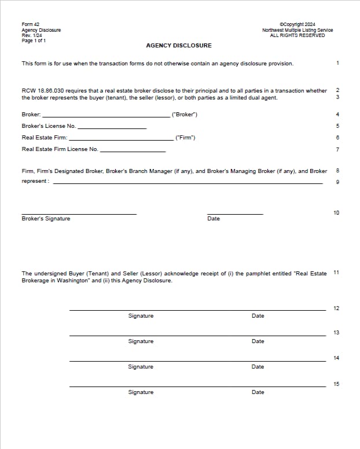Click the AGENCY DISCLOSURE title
pyautogui.click(x=178, y=46)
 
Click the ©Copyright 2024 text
pyautogui.click(x=297, y=24)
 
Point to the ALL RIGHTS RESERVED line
pyautogui.click(x=297, y=35)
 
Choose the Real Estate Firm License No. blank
pyautogui.click(x=133, y=150)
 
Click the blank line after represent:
pyautogui.click(x=188, y=182)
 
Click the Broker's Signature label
pyautogui.click(x=46, y=219)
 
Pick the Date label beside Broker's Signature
pyautogui.click(x=214, y=219)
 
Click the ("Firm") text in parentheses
pyautogui.click(x=185, y=138)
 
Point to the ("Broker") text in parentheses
pyautogui.click(x=185, y=115)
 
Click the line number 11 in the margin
pyautogui.click(x=337, y=272)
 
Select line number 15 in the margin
pyautogui.click(x=337, y=384)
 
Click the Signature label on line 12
pyautogui.click(x=141, y=316)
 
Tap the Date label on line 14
pyautogui.click(x=258, y=367)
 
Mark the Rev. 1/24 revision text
pyautogui.click(x=29, y=35)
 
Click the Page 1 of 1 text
pyautogui.click(x=34, y=41)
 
